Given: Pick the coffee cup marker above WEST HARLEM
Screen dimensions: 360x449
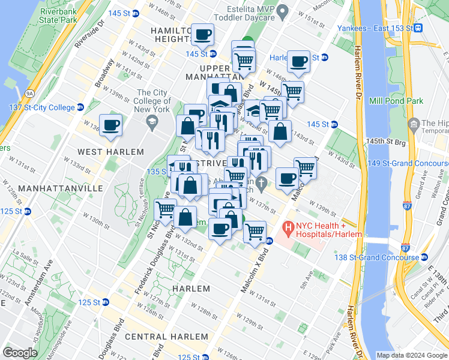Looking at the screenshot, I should pyautogui.click(x=110, y=125).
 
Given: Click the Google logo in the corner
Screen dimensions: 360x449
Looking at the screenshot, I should pyautogui.click(x=20, y=352).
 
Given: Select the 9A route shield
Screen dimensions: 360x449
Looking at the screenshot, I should pyautogui.click(x=29, y=93).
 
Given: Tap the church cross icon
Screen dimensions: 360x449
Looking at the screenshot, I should pyautogui.click(x=261, y=182).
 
